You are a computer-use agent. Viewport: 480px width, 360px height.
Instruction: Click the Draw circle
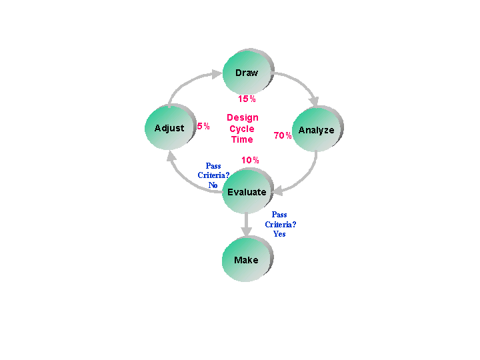248,72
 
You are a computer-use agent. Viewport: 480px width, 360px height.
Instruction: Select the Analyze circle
317,129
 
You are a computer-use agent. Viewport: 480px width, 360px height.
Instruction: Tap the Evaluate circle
247,191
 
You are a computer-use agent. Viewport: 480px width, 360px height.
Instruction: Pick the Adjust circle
170,127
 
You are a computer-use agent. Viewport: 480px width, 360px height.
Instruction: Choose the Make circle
247,259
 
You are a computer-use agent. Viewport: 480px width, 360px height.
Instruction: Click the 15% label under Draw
247,99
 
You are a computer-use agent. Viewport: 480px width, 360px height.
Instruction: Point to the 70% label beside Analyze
282,135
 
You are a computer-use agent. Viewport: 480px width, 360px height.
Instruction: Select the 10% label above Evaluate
250,160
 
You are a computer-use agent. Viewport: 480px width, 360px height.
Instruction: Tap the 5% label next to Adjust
203,126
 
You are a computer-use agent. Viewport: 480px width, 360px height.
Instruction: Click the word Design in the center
243,118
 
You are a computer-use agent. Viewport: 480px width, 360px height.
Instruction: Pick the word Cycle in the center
242,129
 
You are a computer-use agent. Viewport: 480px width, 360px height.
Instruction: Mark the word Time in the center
242,139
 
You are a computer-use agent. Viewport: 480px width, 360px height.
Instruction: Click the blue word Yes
279,234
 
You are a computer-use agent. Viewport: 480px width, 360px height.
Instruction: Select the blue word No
213,185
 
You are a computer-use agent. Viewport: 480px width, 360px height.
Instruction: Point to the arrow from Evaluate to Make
246,225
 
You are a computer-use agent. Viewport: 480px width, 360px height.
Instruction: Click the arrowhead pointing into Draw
217,74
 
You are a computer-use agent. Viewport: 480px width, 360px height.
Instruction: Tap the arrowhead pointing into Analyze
314,102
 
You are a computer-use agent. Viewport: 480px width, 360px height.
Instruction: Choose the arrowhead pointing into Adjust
171,156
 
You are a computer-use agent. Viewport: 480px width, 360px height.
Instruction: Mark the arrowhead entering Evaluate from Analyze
278,191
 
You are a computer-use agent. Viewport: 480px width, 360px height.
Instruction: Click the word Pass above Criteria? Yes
279,215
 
